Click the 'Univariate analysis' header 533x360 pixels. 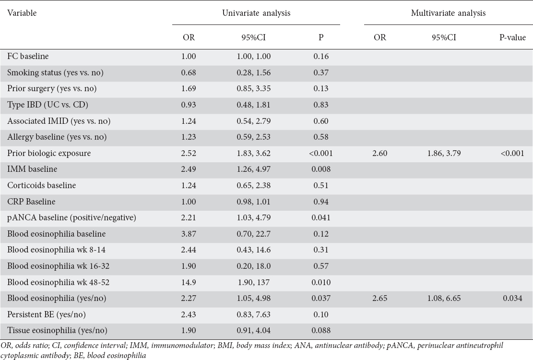[x=256, y=13]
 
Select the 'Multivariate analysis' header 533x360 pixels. [x=448, y=13]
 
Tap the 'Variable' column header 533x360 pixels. [x=22, y=13]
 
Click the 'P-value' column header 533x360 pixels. [x=512, y=37]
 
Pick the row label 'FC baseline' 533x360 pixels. [x=28, y=56]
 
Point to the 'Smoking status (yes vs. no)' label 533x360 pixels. [x=55, y=72]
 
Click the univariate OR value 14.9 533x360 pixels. [x=189, y=282]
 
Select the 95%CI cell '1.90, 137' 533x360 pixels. [x=254, y=282]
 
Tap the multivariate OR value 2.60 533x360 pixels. [x=379, y=153]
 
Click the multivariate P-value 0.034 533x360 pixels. [x=512, y=298]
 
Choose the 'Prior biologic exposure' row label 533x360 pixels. [x=49, y=153]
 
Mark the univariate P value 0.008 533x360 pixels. [x=321, y=169]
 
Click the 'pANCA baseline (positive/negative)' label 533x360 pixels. [x=72, y=217]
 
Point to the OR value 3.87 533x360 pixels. [x=189, y=234]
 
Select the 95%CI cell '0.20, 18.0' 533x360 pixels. [x=254, y=266]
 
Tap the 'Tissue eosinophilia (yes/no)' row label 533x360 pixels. [x=57, y=330]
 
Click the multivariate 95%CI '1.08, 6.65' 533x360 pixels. [x=444, y=298]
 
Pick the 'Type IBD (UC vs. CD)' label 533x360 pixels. [x=47, y=105]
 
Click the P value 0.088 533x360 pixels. [x=321, y=330]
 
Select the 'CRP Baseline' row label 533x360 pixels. [x=31, y=202]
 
